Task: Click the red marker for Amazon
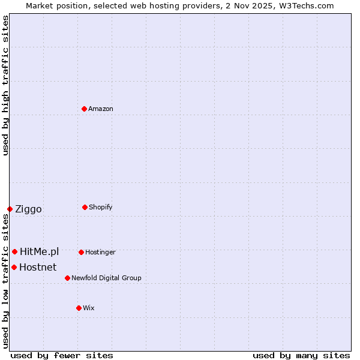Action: [x=85, y=109]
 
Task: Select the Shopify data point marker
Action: [x=85, y=207]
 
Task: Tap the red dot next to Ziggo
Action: [x=10, y=209]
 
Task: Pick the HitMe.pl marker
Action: [x=14, y=251]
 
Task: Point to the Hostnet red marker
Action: [x=14, y=267]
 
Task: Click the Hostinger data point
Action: [x=81, y=252]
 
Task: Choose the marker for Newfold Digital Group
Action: [x=67, y=278]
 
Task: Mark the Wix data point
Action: [x=79, y=308]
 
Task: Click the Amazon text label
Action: [x=101, y=109]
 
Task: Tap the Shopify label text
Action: [x=101, y=207]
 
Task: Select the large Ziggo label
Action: [x=28, y=209]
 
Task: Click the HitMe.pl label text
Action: [x=39, y=251]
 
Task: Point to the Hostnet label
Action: [x=38, y=267]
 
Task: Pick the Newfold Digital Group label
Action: [x=106, y=278]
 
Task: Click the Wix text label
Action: [x=89, y=308]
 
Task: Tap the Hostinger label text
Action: [x=100, y=252]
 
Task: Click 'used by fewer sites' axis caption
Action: [x=62, y=355]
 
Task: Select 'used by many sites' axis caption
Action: [x=301, y=355]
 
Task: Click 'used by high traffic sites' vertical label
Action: [x=5, y=85]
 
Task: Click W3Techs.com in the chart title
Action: [x=304, y=5]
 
